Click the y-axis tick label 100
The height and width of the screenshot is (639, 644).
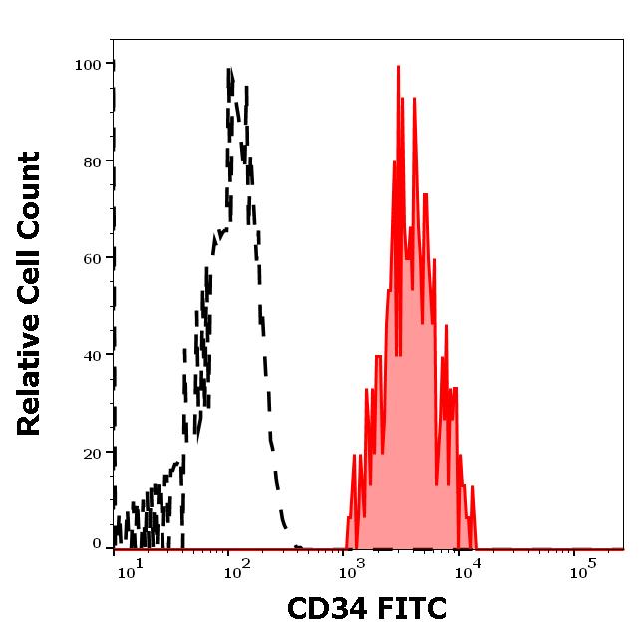tap(89, 65)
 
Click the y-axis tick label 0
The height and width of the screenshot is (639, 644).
tap(98, 545)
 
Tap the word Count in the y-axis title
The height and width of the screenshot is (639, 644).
tap(30, 193)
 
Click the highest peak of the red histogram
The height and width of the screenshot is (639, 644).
tap(398, 68)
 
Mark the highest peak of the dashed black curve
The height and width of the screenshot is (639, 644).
tap(230, 70)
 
